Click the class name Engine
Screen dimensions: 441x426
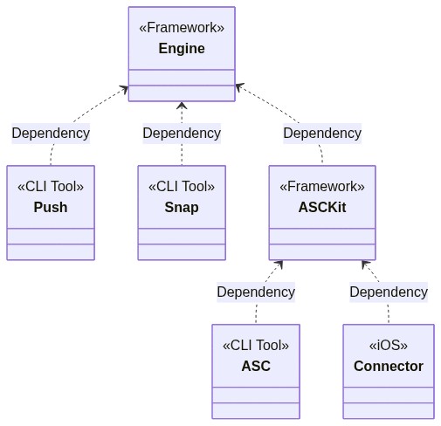coord(182,49)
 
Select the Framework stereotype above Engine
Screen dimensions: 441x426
coord(182,28)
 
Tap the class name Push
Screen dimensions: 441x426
coord(51,208)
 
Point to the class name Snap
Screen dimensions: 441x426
coord(182,208)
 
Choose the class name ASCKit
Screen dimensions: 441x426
coord(322,208)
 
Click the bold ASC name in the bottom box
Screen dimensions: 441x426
coord(256,367)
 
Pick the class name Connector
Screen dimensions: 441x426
coord(389,367)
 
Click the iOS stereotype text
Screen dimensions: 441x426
coord(389,346)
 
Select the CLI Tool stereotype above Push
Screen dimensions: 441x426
coord(51,187)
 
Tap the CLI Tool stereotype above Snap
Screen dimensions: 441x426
coord(182,187)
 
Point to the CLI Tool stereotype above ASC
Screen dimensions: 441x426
coord(256,346)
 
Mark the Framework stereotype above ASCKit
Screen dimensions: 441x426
coord(322,187)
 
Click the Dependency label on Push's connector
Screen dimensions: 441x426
coord(51,134)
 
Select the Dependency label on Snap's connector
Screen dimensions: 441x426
coord(182,134)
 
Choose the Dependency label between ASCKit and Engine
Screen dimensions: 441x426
coord(322,134)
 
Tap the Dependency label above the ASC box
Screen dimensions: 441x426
coord(256,292)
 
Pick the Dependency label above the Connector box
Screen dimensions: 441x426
coord(389,292)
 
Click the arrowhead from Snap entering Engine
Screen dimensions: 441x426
coord(182,106)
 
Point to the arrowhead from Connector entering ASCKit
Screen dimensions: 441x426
coord(365,265)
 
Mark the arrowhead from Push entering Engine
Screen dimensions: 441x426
coord(125,89)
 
